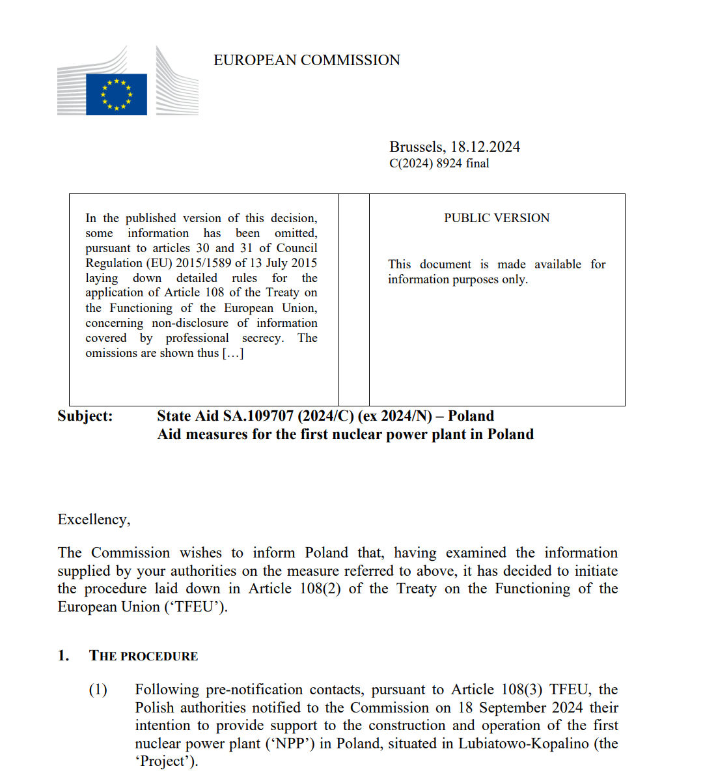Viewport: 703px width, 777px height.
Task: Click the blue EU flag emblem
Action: click(117, 94)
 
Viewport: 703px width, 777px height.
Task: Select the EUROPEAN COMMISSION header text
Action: click(307, 61)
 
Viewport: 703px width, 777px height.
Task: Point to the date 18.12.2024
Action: click(486, 147)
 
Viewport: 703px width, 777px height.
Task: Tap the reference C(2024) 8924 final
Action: click(439, 163)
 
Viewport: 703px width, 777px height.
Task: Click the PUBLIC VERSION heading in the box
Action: click(497, 218)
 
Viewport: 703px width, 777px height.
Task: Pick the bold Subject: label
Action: click(85, 416)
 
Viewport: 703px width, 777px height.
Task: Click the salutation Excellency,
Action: click(94, 520)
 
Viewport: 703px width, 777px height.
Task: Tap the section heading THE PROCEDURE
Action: click(143, 656)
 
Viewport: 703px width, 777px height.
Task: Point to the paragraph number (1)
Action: click(98, 690)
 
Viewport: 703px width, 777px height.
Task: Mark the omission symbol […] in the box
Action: click(233, 353)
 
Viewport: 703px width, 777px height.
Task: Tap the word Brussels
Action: click(417, 147)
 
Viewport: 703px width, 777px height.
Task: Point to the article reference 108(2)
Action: click(320, 589)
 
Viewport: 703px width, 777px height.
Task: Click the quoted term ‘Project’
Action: click(165, 761)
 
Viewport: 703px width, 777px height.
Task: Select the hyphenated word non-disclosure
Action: click(190, 323)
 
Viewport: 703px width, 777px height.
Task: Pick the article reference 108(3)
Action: click(522, 690)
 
